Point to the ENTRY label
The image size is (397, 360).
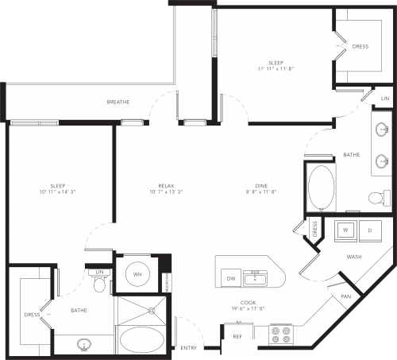[188, 348]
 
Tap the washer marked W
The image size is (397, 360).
[346, 230]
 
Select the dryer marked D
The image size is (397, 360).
[371, 230]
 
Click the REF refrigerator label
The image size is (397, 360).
[237, 336]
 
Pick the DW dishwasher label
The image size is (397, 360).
[231, 279]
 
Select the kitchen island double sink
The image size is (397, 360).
[256, 277]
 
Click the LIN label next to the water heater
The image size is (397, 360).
[100, 273]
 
